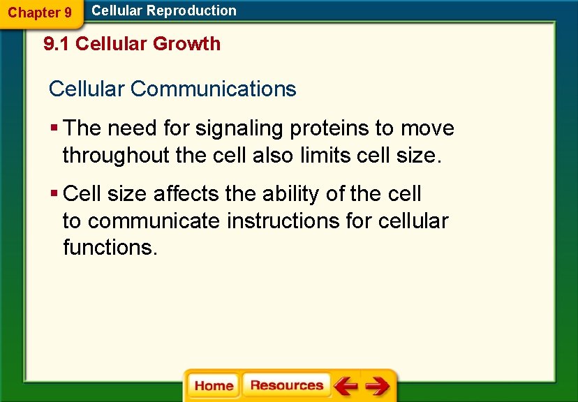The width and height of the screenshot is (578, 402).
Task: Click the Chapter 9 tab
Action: [39, 13]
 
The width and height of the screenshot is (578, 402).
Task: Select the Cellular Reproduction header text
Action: [164, 10]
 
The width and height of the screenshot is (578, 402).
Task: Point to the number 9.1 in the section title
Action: [57, 44]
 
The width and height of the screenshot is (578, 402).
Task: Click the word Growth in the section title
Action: [186, 44]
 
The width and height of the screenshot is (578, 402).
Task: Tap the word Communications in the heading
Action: [213, 89]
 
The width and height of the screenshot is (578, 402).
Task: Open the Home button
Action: [214, 386]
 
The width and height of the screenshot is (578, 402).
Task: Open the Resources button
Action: [286, 386]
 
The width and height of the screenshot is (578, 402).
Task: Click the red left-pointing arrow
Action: [345, 386]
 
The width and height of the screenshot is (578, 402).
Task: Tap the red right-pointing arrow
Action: [378, 386]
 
